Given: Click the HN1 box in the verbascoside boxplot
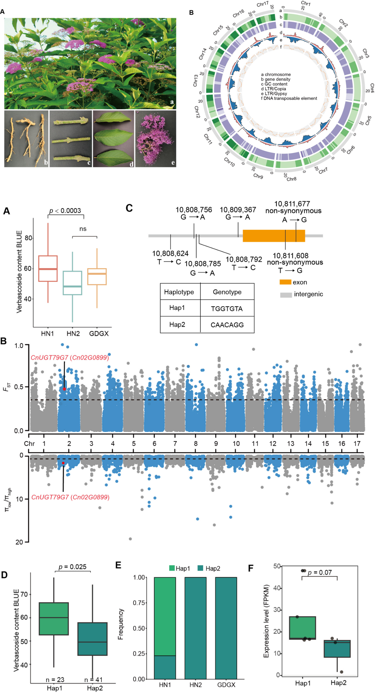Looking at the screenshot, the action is [x=48, y=268].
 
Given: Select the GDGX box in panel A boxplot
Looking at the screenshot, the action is [x=97, y=277].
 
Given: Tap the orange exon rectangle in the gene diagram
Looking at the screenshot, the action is [x=274, y=235].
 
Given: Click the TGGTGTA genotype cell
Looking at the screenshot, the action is [x=227, y=309].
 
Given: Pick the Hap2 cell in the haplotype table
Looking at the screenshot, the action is [x=177, y=325].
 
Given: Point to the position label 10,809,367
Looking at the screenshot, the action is [x=238, y=210].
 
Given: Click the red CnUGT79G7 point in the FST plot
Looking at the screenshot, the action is [x=64, y=389].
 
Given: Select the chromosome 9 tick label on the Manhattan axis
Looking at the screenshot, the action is [x=216, y=444].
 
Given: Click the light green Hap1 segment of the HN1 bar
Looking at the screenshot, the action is [x=165, y=616].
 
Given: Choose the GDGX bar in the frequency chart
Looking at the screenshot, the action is [x=226, y=628].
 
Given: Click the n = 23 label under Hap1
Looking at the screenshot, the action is [x=55, y=679].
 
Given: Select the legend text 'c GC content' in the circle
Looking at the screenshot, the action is [x=274, y=84].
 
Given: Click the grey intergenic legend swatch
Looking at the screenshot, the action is [x=286, y=295].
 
